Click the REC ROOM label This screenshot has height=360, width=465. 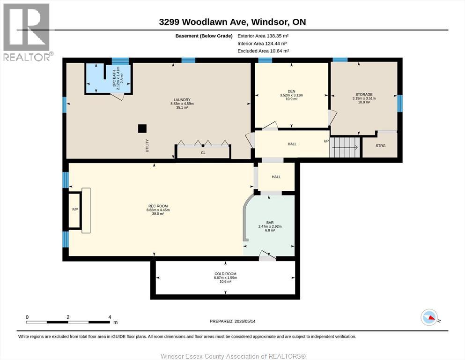158,206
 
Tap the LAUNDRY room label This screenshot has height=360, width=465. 182,100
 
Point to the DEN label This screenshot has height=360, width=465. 292,91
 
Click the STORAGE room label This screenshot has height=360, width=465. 364,94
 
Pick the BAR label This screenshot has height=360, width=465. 270,223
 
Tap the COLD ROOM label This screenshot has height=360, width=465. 225,274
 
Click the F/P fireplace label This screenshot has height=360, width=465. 75,210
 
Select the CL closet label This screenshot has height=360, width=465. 203,153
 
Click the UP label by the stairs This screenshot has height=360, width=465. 326,141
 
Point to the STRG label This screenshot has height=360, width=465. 381,146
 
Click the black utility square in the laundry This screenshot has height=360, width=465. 142,128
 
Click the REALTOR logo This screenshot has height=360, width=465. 27,32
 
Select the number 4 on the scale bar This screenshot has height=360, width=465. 110,317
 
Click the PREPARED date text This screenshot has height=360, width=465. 232,321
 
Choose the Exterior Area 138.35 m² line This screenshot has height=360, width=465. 263,36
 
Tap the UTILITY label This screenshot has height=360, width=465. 147,146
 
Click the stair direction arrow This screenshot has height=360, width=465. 345,147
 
